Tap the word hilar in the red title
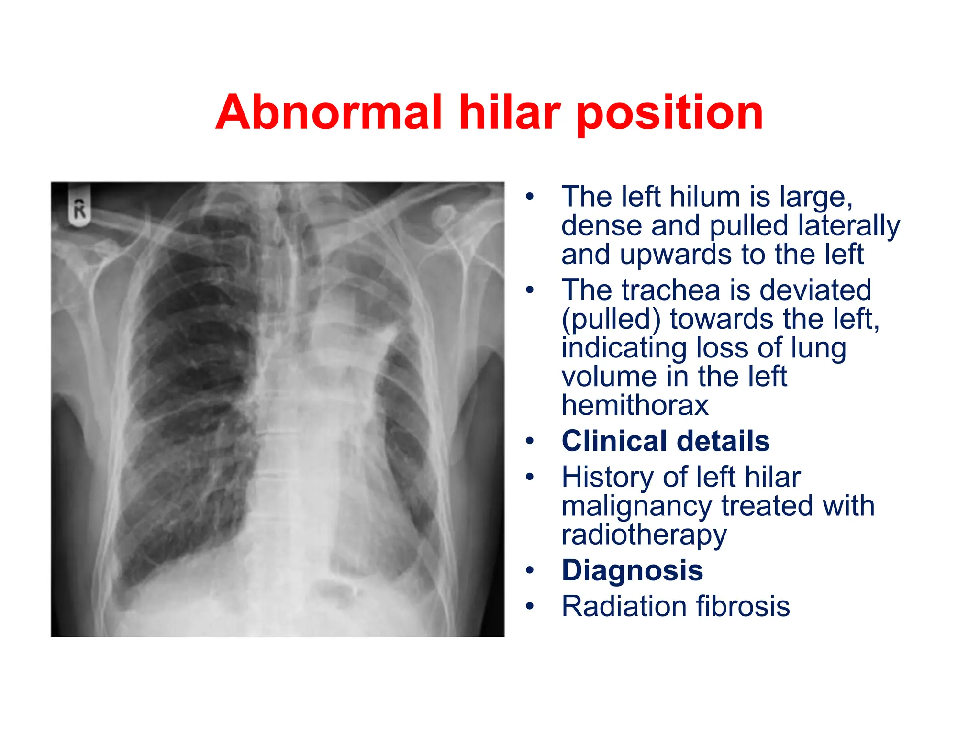tap(509, 112)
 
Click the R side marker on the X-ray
tap(79, 210)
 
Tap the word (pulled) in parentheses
tap(611, 320)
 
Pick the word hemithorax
tap(635, 405)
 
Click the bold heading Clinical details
tap(665, 441)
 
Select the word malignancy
tap(637, 506)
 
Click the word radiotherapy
tap(644, 535)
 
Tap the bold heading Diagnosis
tap(632, 570)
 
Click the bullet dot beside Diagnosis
tap(529, 570)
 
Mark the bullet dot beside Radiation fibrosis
tap(529, 606)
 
